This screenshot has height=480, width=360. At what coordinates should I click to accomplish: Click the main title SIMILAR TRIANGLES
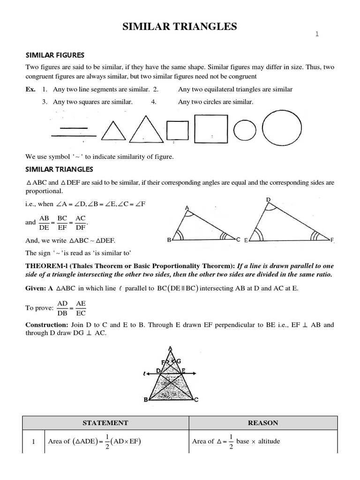180,27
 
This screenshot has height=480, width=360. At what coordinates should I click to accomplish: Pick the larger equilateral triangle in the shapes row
144,127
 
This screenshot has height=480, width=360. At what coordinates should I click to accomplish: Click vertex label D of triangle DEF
268,200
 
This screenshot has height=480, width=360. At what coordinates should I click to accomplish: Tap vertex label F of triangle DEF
332,240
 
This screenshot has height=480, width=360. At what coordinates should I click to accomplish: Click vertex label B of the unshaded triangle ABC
169,240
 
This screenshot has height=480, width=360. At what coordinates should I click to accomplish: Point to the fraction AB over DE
45,223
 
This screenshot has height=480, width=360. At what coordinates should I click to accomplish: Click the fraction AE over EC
80,308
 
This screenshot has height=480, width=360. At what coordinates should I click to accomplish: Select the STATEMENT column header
105,423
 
